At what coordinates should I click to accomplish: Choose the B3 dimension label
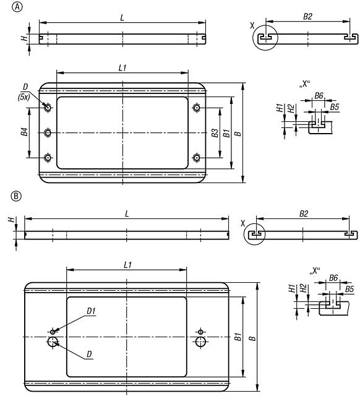pos(214,132)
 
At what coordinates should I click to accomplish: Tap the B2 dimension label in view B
pos(302,213)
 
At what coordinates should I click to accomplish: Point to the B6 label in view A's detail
pos(319,96)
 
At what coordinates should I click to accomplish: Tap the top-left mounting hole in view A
pos(48,108)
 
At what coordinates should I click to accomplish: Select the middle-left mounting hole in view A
pos(48,132)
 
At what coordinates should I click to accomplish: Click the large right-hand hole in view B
pos(200,342)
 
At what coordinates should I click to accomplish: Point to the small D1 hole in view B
pos(53,332)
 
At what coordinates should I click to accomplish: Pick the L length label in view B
pos(126,213)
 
